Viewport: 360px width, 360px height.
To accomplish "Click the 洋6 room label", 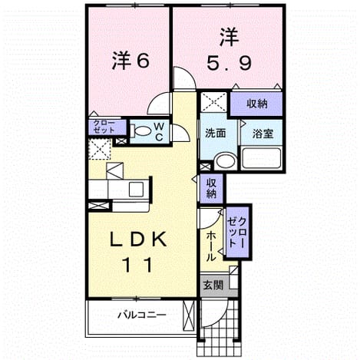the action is (x=130, y=61).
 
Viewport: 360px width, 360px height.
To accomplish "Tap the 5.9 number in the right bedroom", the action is (x=229, y=64).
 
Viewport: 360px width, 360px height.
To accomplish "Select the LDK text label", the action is (x=138, y=239).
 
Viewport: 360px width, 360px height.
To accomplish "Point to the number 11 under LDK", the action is (x=138, y=265).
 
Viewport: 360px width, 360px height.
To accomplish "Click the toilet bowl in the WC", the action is (x=141, y=131).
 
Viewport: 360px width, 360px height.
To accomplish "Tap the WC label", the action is (x=159, y=131).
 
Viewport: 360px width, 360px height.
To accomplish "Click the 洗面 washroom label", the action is (x=216, y=133).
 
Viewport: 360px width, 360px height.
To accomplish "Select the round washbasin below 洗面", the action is (x=226, y=161).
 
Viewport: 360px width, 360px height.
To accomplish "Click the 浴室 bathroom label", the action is (x=263, y=134).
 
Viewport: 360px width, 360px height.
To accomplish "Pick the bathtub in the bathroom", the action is (x=262, y=158).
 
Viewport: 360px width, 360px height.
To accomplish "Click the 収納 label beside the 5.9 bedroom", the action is (x=257, y=104).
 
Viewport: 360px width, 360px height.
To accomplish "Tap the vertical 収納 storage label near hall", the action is (x=211, y=189).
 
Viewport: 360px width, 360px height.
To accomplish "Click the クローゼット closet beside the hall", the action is (x=237, y=233).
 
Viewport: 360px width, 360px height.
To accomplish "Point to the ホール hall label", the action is (x=210, y=246).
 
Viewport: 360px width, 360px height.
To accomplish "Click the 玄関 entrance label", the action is (x=213, y=285).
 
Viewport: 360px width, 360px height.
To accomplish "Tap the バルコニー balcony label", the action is (x=142, y=315).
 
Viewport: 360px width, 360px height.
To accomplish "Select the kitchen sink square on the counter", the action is (x=136, y=190).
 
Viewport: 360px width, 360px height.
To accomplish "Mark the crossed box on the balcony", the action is (x=189, y=315).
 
